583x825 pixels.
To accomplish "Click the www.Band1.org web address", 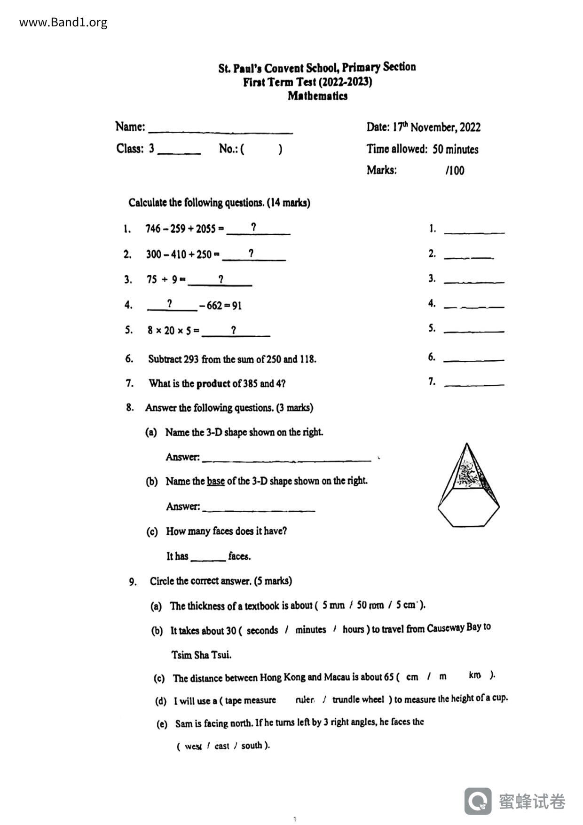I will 63,23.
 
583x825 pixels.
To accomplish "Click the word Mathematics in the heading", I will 317,96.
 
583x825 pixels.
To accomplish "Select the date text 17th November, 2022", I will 436,127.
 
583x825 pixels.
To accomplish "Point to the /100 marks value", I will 455,170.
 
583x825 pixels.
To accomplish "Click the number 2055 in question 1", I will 205,229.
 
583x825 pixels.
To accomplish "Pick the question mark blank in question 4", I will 171,305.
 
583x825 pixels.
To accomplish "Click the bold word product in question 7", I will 213,384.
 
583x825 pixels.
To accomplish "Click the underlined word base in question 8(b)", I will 215,481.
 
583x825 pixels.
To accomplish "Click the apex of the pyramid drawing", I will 466,444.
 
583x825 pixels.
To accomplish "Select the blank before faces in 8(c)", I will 208,557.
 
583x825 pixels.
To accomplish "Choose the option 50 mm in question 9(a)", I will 370,605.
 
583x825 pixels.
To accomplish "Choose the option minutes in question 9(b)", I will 310,630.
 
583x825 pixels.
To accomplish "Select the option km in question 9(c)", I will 474,675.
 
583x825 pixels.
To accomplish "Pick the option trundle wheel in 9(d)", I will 358,700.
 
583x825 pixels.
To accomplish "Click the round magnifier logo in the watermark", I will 478,801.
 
